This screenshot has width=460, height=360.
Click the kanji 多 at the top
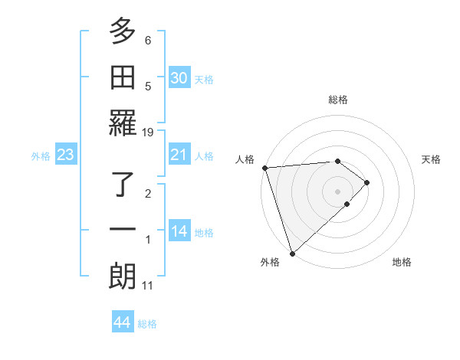coord(123,33)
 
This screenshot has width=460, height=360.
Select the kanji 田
coord(123,77)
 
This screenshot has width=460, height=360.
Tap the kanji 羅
coord(123,123)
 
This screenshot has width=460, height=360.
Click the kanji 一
coord(123,231)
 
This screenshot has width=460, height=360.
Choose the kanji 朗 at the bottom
coord(123,276)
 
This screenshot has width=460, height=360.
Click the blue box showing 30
coord(179,78)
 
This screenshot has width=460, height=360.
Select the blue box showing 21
coord(179,155)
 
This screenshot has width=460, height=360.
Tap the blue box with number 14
coord(179,232)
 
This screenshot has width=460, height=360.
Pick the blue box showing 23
coord(66,155)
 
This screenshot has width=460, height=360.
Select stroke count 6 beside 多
coord(148,40)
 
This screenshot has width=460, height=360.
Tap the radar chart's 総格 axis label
coord(337,100)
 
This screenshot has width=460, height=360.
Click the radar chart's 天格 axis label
coord(432,159)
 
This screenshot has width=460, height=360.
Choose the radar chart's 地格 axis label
coord(402,262)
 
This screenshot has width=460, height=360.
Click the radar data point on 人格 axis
coord(264,168)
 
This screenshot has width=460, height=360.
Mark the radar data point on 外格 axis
coord(292,252)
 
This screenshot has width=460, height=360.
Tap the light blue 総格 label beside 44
coord(147,324)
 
